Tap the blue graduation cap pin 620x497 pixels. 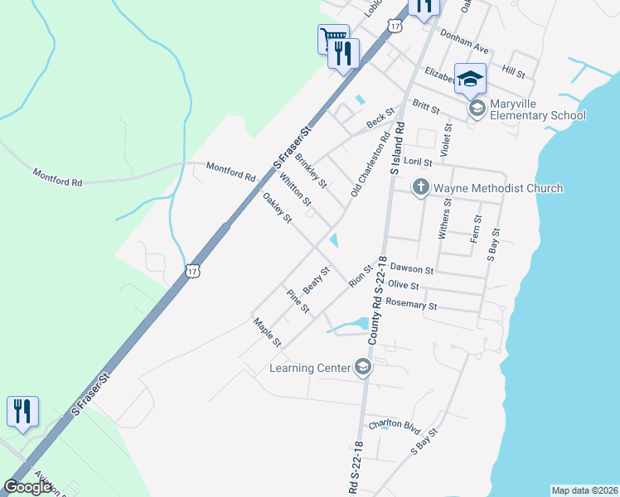(x=470, y=80)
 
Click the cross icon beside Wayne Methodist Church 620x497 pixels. (x=420, y=188)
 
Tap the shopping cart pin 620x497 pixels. (x=331, y=38)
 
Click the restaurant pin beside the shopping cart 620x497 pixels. (x=343, y=55)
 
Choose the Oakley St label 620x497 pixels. (x=277, y=208)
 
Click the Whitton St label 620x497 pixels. (x=294, y=190)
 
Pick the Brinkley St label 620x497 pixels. (x=311, y=170)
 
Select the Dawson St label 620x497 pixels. (x=412, y=270)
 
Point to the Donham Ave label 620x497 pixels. (x=466, y=49)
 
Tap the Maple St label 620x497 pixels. (x=269, y=333)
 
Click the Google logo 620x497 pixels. (x=28, y=487)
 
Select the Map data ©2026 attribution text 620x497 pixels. (x=584, y=490)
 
